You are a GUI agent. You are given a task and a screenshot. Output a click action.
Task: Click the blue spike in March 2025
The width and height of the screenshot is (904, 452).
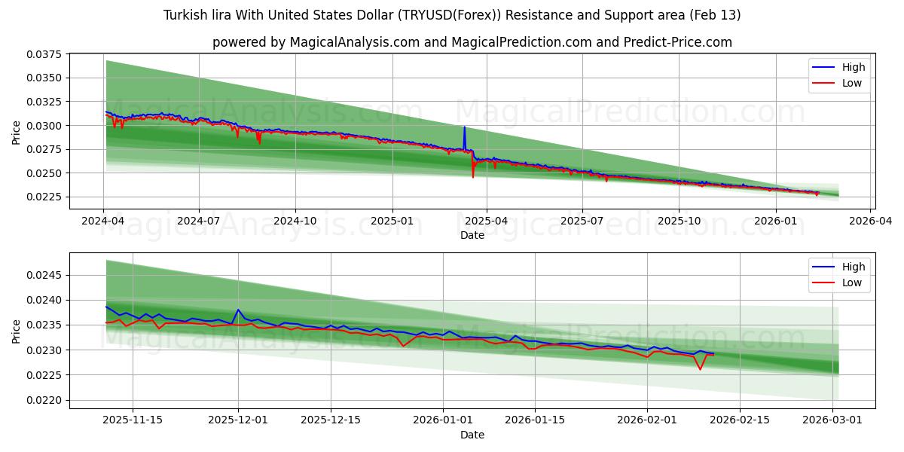coord(464,128)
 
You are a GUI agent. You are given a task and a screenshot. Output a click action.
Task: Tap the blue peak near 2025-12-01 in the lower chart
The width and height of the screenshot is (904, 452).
coord(238,310)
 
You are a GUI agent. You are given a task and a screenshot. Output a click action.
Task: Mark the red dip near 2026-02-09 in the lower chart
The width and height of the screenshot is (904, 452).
coord(700,369)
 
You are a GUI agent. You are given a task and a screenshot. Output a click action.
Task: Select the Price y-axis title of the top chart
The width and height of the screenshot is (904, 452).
coord(17,132)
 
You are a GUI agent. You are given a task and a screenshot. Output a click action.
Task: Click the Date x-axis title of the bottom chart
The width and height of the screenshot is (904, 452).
coord(472,435)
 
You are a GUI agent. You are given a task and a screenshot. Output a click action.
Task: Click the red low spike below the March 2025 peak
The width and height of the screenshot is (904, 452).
coord(473,176)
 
